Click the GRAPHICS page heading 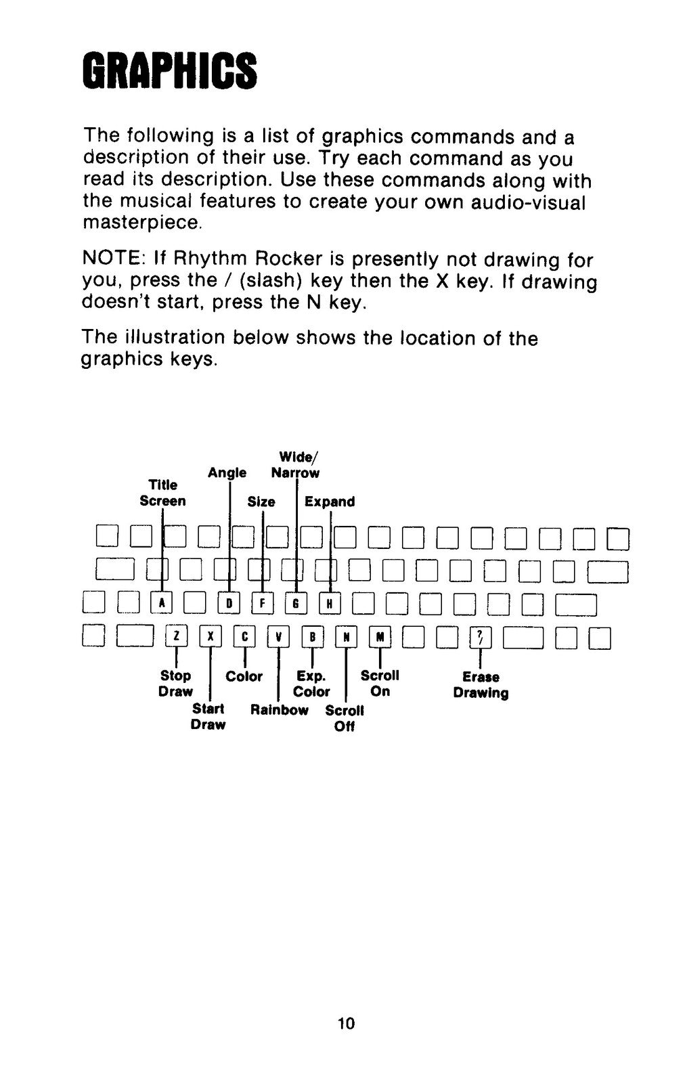pyautogui.click(x=170, y=72)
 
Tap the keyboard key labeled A pyautogui.click(x=162, y=603)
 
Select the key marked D pyautogui.click(x=229, y=603)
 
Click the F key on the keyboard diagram pyautogui.click(x=263, y=603)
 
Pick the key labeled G pyautogui.click(x=296, y=603)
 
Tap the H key pyautogui.click(x=330, y=603)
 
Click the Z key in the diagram pyautogui.click(x=177, y=637)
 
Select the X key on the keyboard pyautogui.click(x=211, y=637)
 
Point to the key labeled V pyautogui.click(x=278, y=637)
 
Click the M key pyautogui.click(x=380, y=637)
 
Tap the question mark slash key pyautogui.click(x=481, y=638)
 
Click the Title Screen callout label pyautogui.click(x=162, y=493)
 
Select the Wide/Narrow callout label pyautogui.click(x=295, y=464)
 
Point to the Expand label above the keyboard pyautogui.click(x=330, y=502)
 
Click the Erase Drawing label pyautogui.click(x=481, y=684)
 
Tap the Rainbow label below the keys pyautogui.click(x=280, y=710)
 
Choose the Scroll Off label pyautogui.click(x=345, y=718)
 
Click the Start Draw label pyautogui.click(x=208, y=717)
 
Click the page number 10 pyautogui.click(x=346, y=1023)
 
